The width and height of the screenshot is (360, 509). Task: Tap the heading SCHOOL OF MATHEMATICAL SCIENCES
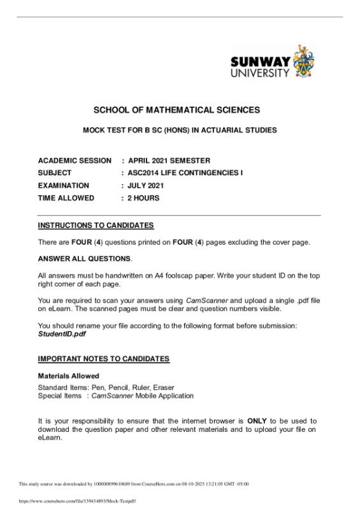[177, 110]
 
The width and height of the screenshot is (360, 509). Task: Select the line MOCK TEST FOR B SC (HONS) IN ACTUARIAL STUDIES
[180, 131]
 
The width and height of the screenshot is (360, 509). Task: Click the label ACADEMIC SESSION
[74, 161]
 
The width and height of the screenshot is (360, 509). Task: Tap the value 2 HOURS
[144, 198]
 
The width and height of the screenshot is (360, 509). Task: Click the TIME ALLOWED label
[66, 198]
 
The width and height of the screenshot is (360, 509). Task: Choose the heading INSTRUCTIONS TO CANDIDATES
[96, 226]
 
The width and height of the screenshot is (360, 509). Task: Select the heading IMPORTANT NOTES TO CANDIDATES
[104, 359]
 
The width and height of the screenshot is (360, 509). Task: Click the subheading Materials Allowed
[68, 376]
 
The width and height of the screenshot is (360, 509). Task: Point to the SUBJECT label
[55, 173]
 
